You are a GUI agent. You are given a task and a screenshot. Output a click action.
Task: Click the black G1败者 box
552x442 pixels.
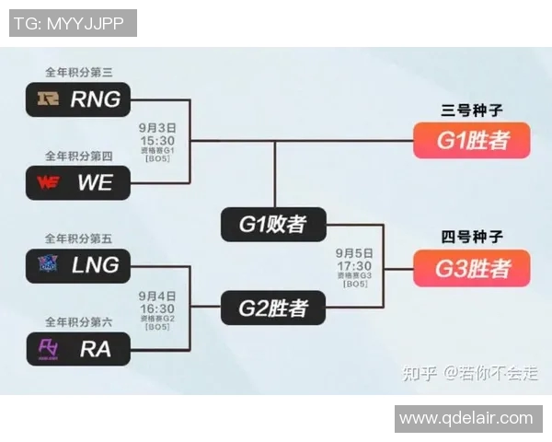pos(273,224)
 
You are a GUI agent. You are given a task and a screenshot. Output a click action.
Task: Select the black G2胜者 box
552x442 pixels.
pos(273,307)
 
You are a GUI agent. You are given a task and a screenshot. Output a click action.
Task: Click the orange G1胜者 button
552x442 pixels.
pos(471,141)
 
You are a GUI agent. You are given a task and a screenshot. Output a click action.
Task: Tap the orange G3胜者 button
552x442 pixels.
pos(471,268)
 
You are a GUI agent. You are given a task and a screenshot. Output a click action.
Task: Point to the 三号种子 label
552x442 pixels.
pos(471,110)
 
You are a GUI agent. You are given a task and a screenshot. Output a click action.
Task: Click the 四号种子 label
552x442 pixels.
pos(471,237)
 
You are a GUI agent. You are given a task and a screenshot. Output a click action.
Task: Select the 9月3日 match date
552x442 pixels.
pos(157,129)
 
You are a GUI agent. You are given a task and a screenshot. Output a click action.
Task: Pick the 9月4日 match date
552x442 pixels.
pos(157,296)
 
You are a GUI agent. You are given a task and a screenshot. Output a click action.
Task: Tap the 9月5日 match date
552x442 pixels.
pos(354,252)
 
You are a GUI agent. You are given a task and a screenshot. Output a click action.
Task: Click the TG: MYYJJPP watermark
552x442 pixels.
pos(73,22)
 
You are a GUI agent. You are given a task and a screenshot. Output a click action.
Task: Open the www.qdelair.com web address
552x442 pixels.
pos(466,418)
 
